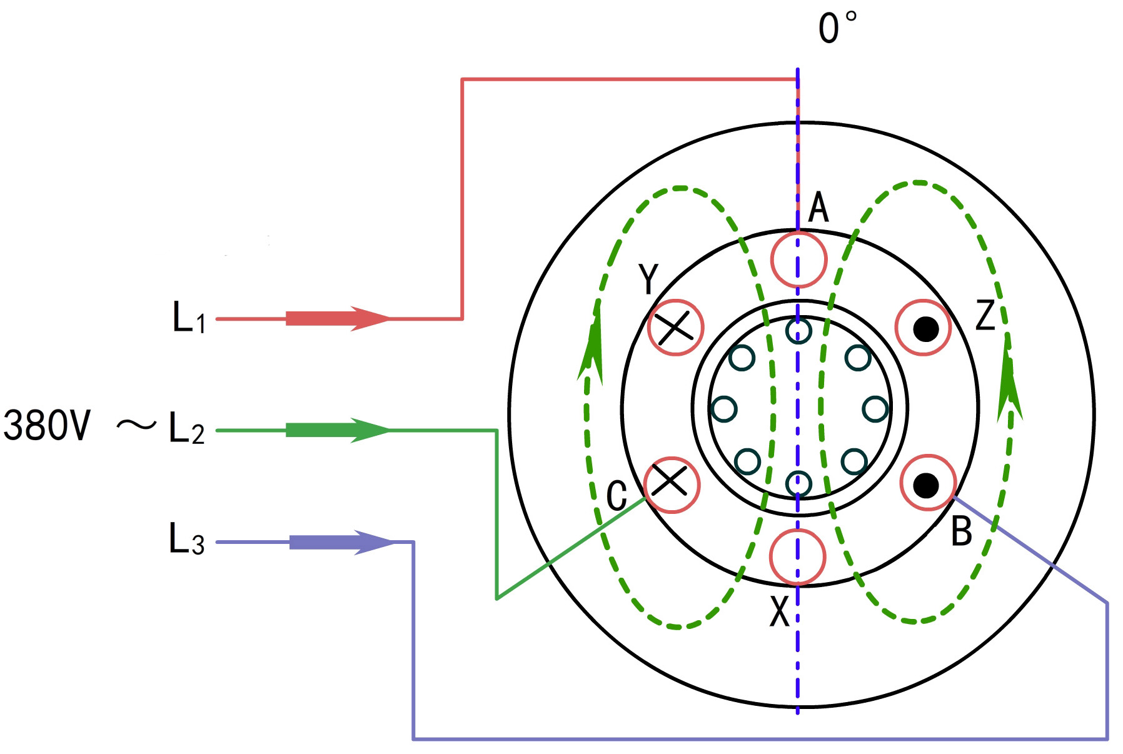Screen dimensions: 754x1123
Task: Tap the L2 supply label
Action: point(186,430)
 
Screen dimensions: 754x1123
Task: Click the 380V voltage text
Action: point(47,426)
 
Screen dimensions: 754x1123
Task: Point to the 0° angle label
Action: point(837,28)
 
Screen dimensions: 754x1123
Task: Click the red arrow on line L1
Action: point(338,318)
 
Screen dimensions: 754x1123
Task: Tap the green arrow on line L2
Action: point(338,430)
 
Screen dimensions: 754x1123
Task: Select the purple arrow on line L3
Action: point(341,541)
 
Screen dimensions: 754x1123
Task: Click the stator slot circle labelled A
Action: point(798,259)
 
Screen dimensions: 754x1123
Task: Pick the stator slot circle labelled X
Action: point(797,557)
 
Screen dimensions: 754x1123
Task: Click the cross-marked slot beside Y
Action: point(675,328)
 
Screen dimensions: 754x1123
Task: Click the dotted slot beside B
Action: point(928,483)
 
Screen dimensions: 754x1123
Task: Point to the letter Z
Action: point(985,315)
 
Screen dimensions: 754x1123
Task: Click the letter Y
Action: point(649,279)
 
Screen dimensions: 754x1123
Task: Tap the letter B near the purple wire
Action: point(961,531)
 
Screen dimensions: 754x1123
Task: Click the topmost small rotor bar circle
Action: point(798,331)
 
